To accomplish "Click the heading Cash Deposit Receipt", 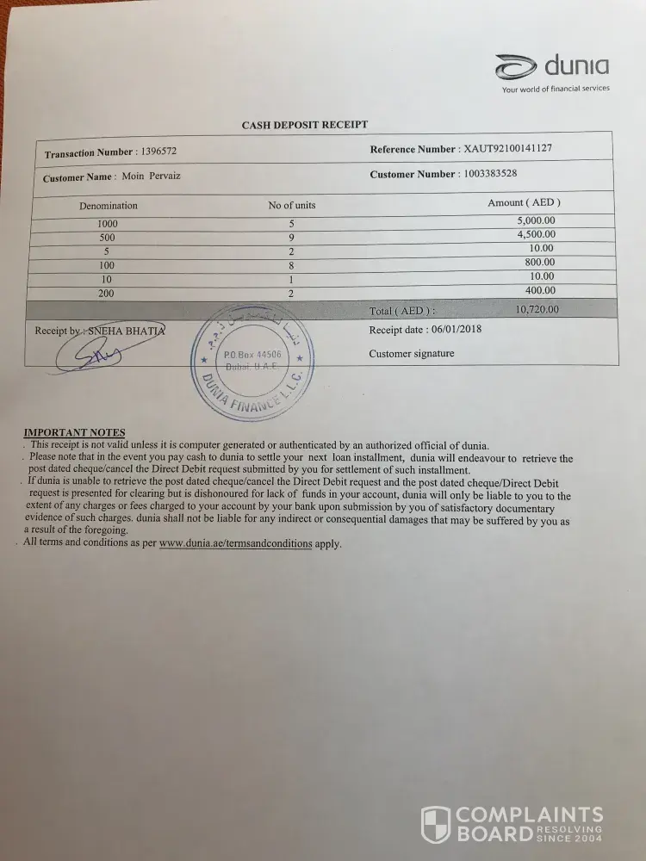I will [x=305, y=125].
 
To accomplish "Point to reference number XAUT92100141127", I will [x=508, y=149].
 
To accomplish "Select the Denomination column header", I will [x=109, y=206].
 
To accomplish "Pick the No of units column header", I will [x=292, y=205].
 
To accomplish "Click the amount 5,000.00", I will [x=536, y=220].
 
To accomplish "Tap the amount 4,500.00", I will [x=536, y=234].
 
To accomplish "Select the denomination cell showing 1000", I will [x=108, y=224].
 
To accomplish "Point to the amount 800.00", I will [x=540, y=262].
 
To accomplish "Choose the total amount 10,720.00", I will [x=537, y=309].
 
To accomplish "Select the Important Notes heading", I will [x=74, y=432].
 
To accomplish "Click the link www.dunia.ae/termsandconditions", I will [x=235, y=544].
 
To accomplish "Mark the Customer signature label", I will [x=411, y=354].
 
